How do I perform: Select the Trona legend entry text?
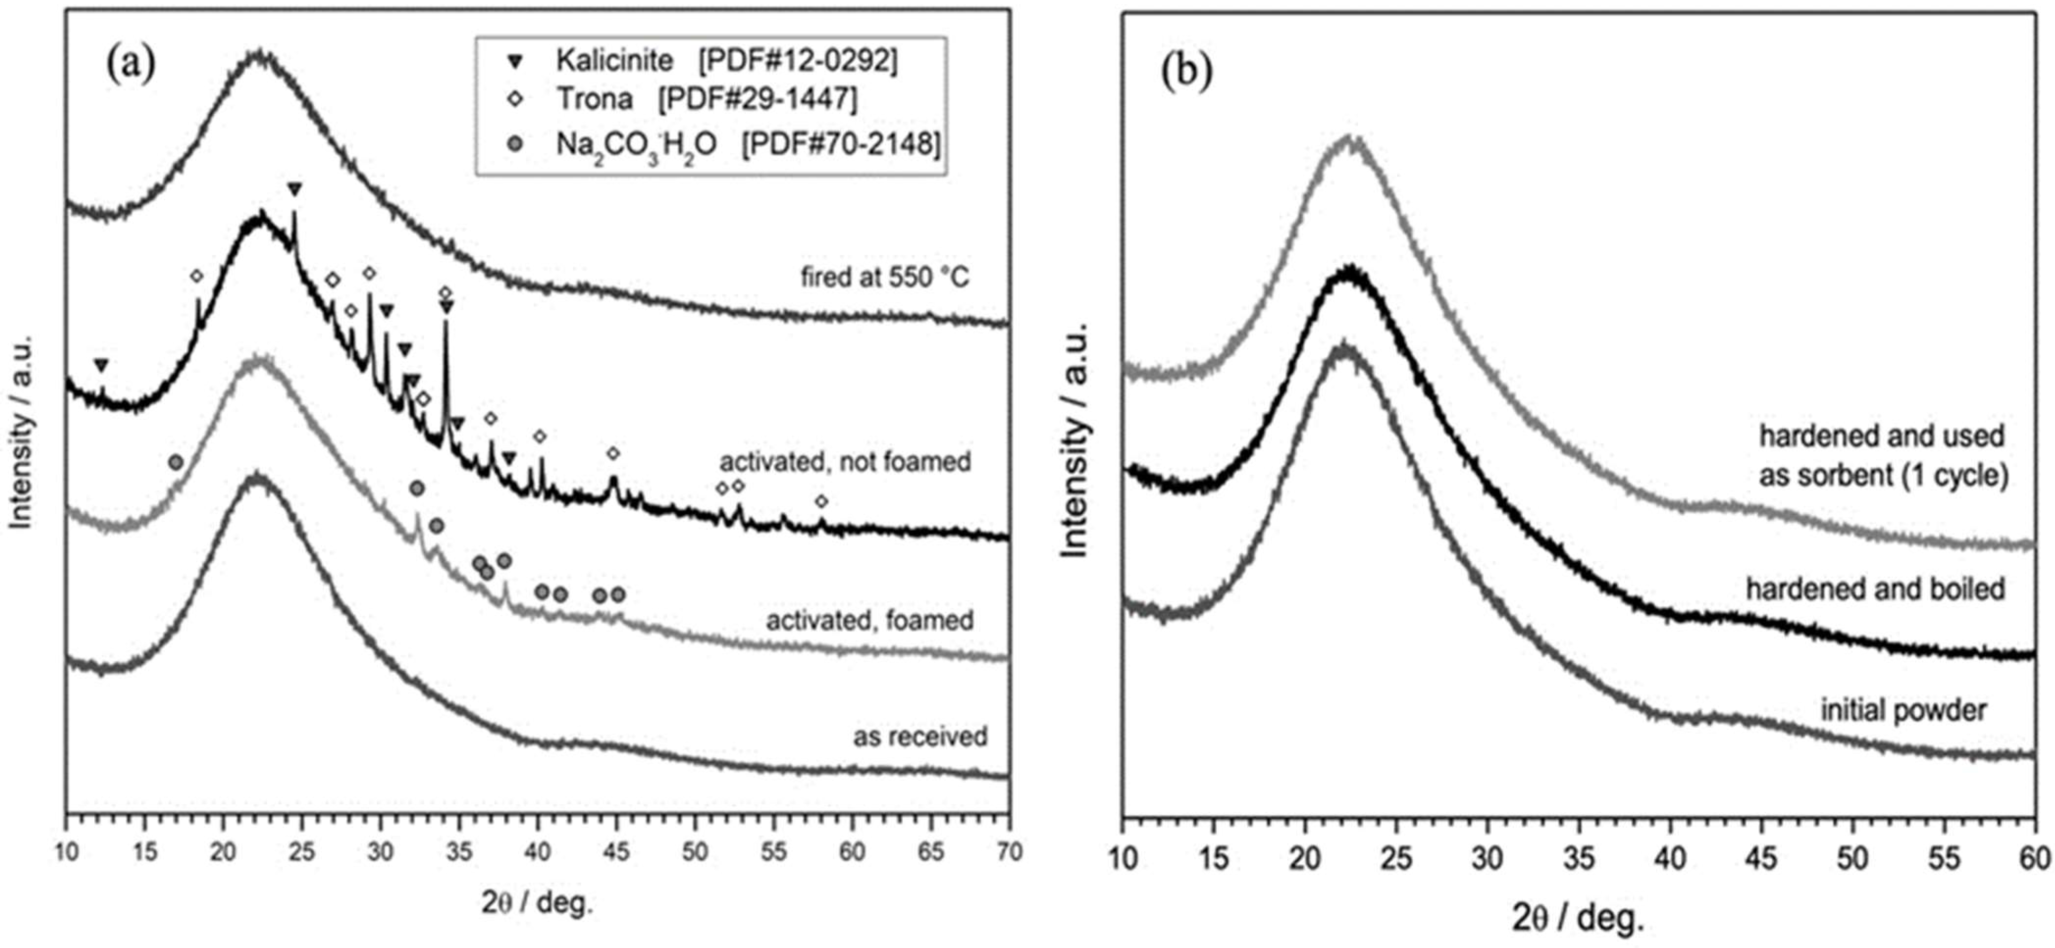(594, 99)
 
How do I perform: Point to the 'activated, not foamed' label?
(845, 462)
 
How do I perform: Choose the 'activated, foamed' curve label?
(870, 620)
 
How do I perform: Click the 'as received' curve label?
(920, 736)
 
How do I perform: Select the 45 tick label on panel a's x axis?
(616, 851)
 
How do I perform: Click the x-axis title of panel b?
(1578, 919)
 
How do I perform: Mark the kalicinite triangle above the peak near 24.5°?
(294, 189)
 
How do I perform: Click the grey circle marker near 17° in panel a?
(176, 462)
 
